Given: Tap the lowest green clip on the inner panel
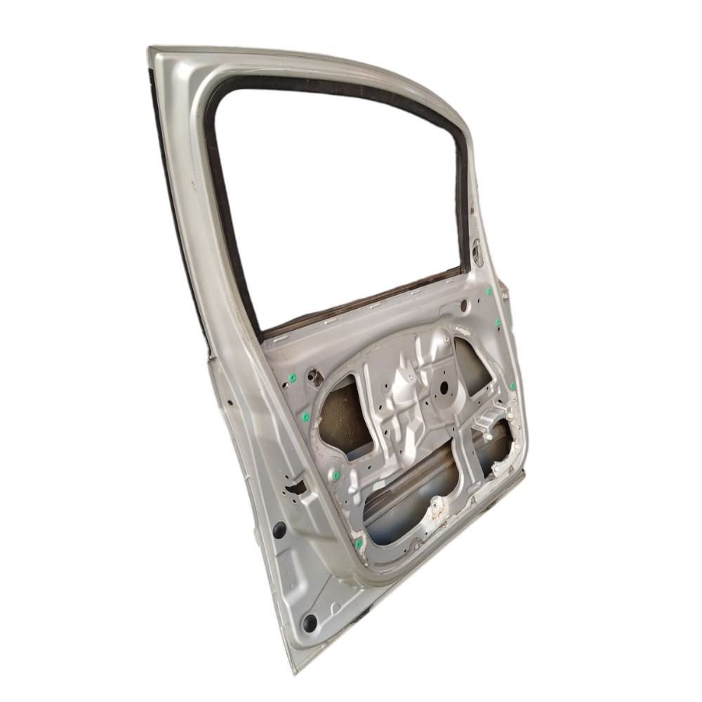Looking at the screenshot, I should point(359,543).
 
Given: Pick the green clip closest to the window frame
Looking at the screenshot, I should point(488,291).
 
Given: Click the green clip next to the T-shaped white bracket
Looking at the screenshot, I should point(512,387).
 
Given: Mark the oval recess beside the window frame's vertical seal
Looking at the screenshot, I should point(478,251).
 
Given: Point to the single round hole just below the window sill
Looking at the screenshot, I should point(463,305).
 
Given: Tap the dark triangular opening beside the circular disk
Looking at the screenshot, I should point(474,365).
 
